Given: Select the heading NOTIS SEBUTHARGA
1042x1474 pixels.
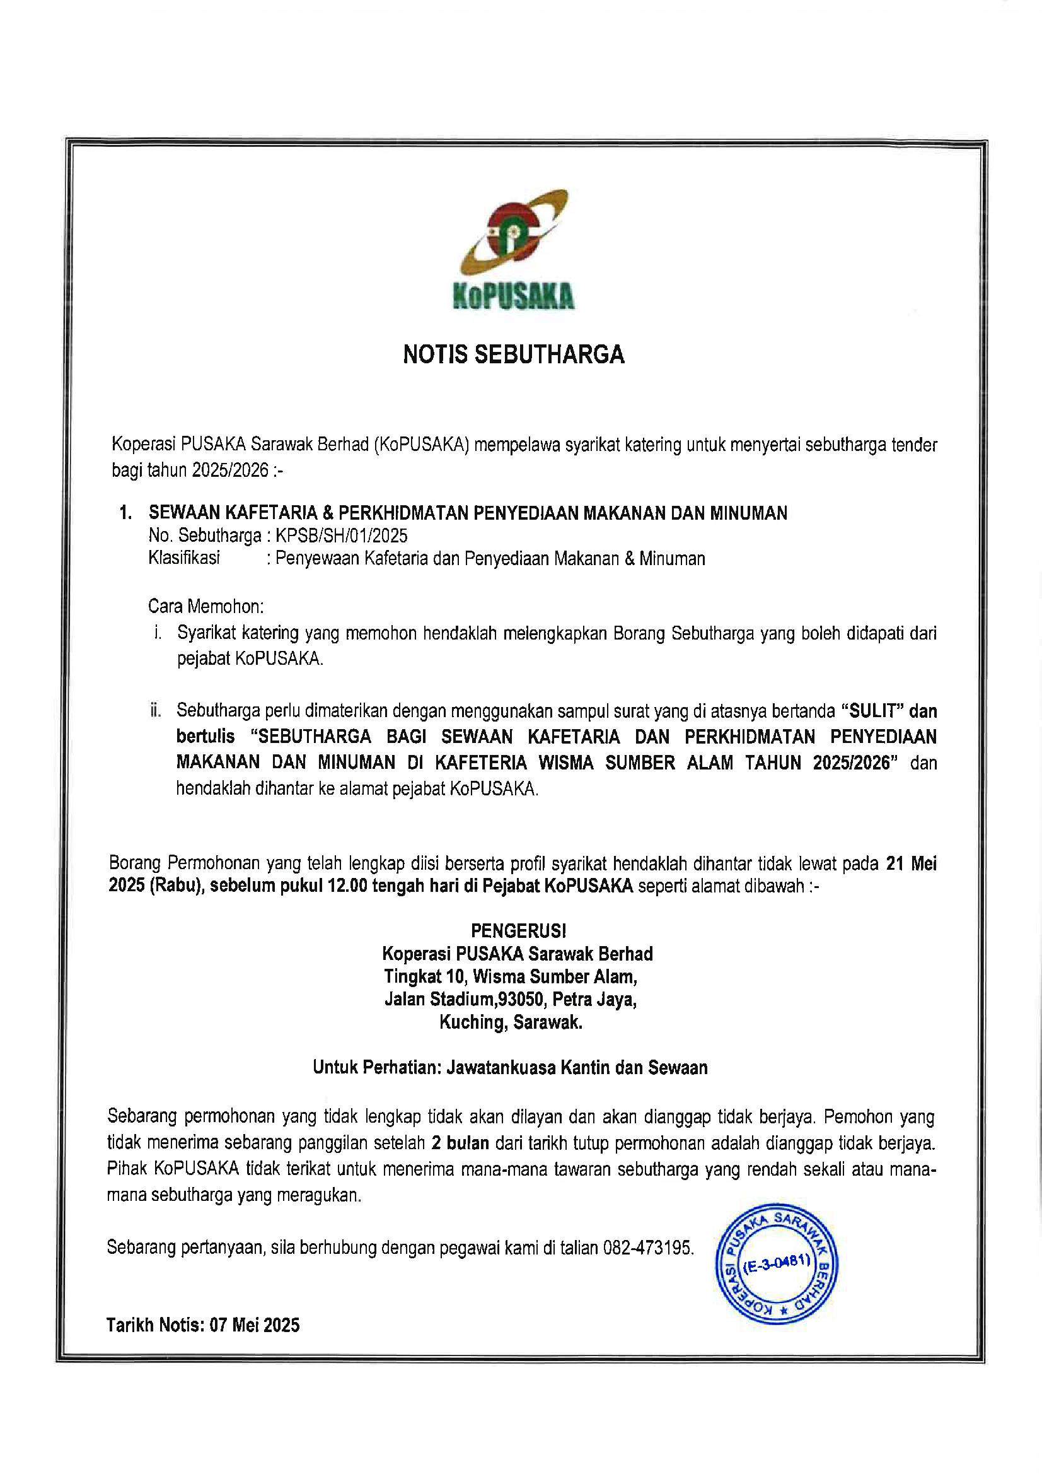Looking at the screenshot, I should (x=513, y=355).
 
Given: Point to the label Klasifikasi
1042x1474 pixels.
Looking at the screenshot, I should (x=184, y=558).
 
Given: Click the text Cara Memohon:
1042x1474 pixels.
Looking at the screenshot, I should (x=206, y=606).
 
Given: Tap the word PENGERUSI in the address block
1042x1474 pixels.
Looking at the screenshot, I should (x=519, y=930).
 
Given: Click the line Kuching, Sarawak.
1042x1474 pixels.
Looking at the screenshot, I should (x=511, y=1022).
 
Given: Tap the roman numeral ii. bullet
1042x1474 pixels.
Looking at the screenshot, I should (x=155, y=711).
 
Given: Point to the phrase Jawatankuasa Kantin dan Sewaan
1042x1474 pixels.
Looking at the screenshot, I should (x=577, y=1068).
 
